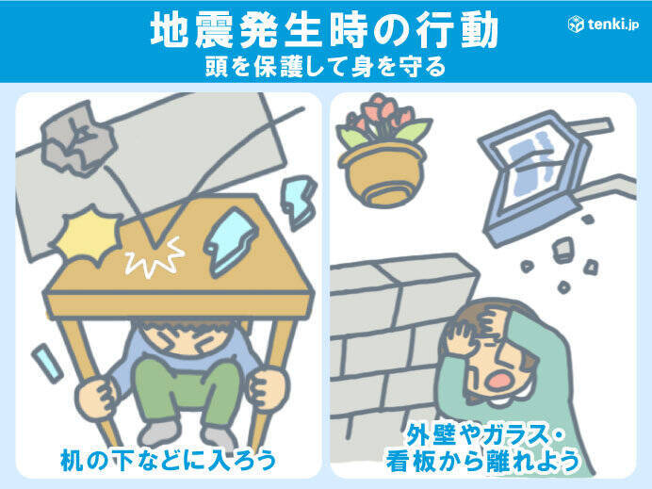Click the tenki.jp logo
(603, 24)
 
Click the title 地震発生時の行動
(324, 30)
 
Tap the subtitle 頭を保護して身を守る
(325, 67)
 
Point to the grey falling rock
(78, 139)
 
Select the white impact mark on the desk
(155, 257)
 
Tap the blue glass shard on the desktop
(230, 242)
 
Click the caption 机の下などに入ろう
(168, 460)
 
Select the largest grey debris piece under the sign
(562, 249)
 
